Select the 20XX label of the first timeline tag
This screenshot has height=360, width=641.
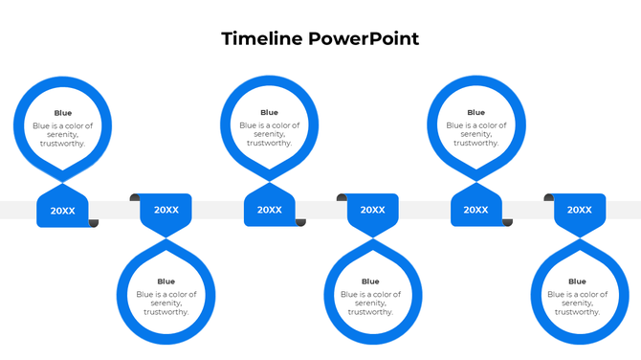(62, 211)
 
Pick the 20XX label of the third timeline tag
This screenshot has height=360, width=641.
(270, 211)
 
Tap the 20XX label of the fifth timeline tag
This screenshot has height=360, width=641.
(475, 211)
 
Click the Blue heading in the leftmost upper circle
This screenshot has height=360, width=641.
(62, 113)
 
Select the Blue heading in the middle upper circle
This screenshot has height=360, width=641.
(270, 113)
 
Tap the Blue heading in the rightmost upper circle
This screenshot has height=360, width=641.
(475, 113)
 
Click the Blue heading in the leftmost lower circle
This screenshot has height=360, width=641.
(166, 281)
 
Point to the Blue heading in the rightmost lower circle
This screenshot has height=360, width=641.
(578, 281)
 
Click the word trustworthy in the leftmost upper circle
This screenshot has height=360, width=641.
(62, 144)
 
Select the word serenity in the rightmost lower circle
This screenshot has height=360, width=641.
(578, 303)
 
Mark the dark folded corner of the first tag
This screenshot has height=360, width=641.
(94, 223)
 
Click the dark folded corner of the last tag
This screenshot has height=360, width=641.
(549, 198)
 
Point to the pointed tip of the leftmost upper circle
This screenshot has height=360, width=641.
(62, 181)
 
